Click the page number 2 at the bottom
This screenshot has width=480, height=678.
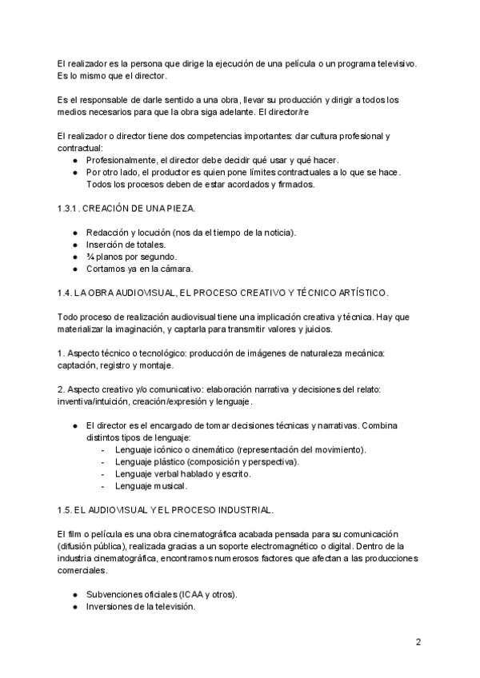point(418,642)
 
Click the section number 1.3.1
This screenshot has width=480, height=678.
point(68,209)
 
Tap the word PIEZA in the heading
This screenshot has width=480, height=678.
point(177,209)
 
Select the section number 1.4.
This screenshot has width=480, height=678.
point(66,293)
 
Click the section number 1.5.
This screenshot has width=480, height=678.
point(66,509)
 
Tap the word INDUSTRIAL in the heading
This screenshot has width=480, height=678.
point(244,509)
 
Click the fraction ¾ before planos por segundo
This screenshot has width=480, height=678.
point(90,256)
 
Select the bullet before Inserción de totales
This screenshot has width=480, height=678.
point(74,244)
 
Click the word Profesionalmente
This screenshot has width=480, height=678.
point(120,160)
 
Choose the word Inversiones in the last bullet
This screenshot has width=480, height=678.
point(110,607)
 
